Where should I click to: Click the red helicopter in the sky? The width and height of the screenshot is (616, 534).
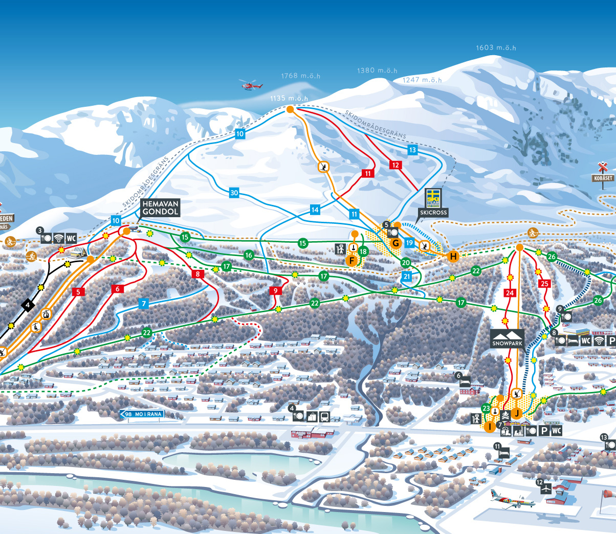pyautogui.click(x=251, y=85)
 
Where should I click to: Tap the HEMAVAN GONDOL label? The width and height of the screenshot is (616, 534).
pyautogui.click(x=160, y=207)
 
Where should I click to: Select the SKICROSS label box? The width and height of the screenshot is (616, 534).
pyautogui.click(x=433, y=213)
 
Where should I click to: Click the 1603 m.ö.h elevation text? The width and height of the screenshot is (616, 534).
pyautogui.click(x=496, y=48)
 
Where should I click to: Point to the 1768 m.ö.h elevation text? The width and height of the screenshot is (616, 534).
pyautogui.click(x=300, y=76)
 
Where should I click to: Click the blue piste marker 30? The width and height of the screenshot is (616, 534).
pyautogui.click(x=234, y=193)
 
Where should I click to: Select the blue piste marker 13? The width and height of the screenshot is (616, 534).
pyautogui.click(x=412, y=150)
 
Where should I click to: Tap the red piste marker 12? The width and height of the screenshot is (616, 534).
pyautogui.click(x=395, y=165)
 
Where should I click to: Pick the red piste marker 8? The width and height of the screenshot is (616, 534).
pyautogui.click(x=198, y=274)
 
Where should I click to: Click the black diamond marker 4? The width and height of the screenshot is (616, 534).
pyautogui.click(x=28, y=306)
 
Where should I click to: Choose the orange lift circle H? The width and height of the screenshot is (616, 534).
pyautogui.click(x=453, y=257)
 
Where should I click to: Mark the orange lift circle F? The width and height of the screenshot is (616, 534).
pyautogui.click(x=351, y=261)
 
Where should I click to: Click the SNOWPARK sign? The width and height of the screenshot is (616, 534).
pyautogui.click(x=507, y=339)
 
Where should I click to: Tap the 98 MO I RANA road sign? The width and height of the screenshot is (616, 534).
pyautogui.click(x=142, y=414)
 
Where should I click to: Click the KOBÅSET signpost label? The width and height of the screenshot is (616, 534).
pyautogui.click(x=603, y=178)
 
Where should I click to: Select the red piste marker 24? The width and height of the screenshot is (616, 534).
pyautogui.click(x=510, y=293)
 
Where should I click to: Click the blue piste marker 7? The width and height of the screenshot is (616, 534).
pyautogui.click(x=144, y=304)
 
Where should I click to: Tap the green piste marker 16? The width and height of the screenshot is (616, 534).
pyautogui.click(x=249, y=255)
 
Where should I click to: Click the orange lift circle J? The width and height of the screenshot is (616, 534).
pyautogui.click(x=516, y=413)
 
